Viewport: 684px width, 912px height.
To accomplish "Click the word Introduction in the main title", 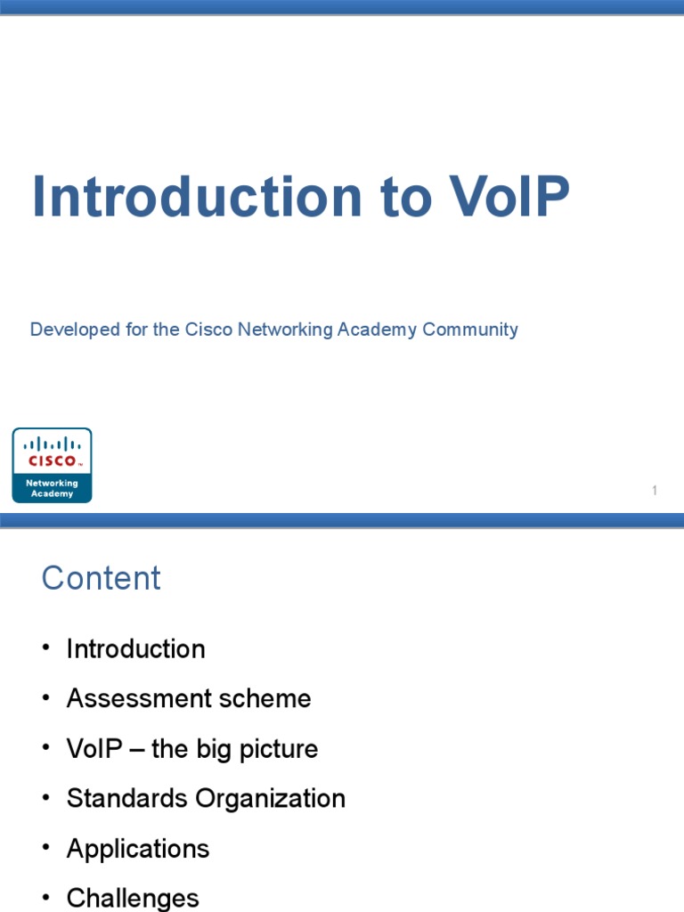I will pos(198,197).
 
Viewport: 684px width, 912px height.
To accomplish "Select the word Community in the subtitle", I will pos(470,330).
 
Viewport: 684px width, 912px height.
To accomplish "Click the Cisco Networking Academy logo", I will pos(52,465).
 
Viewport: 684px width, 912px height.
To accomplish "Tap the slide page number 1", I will pos(655,491).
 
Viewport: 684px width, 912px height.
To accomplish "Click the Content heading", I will pos(101,578).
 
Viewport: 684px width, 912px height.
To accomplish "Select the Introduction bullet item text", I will pos(135,648).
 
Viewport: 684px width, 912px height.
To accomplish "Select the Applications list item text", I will pos(138,849).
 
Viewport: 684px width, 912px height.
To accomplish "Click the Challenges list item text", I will pos(133,898).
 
